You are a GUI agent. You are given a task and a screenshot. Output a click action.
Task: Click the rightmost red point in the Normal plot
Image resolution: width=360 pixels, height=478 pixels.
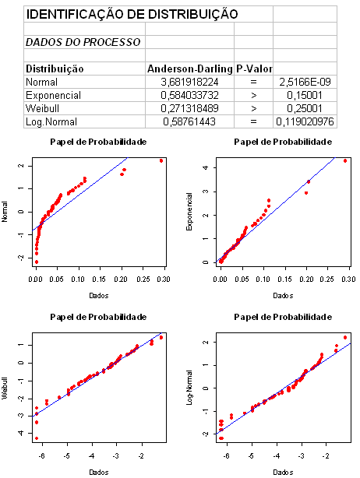161,160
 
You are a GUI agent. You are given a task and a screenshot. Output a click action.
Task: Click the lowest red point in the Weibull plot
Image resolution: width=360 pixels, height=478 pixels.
37,438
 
